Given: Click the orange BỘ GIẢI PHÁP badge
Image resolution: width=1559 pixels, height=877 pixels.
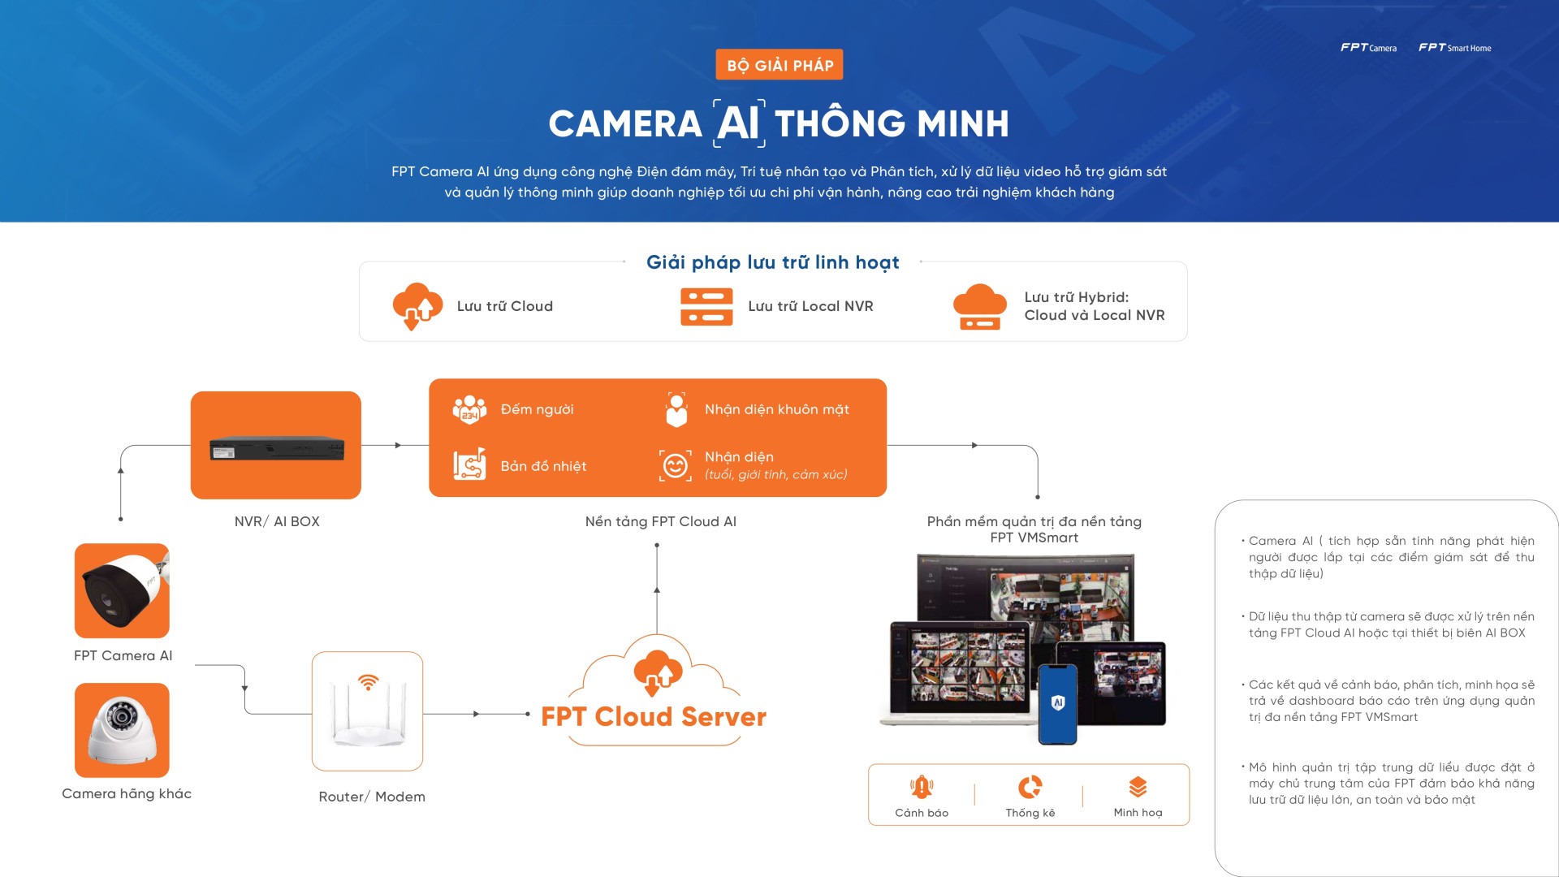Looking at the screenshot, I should click(x=779, y=65).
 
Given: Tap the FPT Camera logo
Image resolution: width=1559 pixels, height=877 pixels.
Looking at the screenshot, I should click(x=1368, y=48).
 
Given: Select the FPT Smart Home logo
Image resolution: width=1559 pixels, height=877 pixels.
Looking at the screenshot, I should click(x=1454, y=48).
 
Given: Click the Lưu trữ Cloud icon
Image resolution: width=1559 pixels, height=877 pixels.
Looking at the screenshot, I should click(x=417, y=306).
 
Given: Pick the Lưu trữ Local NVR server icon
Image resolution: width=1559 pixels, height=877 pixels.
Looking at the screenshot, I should click(x=706, y=307).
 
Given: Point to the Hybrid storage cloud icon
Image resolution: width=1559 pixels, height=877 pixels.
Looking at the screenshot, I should click(x=980, y=306).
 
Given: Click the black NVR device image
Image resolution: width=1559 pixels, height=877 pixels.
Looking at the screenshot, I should click(x=276, y=448).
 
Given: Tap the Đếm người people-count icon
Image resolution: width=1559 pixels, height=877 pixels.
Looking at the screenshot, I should click(x=469, y=409).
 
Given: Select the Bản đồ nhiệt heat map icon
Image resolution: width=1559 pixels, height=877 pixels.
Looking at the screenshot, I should click(x=469, y=464).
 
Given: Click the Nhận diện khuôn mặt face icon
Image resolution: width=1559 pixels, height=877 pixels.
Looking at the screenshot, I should click(x=676, y=409).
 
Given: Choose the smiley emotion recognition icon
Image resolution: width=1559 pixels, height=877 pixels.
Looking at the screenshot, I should click(x=676, y=465).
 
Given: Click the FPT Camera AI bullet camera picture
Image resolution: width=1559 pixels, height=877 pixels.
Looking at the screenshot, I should click(x=122, y=590).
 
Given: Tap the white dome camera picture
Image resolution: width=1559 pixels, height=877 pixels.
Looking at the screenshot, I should click(x=122, y=730).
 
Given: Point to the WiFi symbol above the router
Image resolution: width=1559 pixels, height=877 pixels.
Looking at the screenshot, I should click(x=368, y=682).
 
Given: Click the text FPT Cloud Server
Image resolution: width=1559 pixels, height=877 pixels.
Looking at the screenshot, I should click(x=654, y=717).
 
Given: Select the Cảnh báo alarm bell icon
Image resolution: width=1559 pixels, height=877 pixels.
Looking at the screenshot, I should click(x=922, y=787).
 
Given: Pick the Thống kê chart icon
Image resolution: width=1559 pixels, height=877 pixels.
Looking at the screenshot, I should click(x=1030, y=787).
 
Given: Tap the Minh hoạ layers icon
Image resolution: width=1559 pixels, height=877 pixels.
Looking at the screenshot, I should click(x=1138, y=787).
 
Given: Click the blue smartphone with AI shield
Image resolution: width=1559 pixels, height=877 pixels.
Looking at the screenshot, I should click(x=1057, y=704).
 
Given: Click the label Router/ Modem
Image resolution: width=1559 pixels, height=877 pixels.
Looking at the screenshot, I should click(x=372, y=797).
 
